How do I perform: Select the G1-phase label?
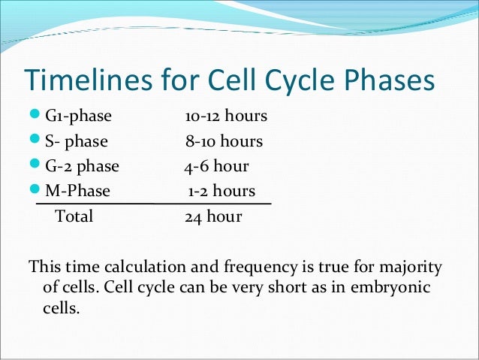coord(78,117)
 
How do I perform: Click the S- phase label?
coord(76,142)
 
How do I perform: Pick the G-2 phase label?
coord(82,167)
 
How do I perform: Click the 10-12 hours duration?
coord(226,117)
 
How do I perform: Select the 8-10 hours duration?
coord(224,142)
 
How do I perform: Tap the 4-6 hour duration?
coord(216,167)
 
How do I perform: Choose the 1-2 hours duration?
coord(221,192)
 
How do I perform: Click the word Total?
coord(74,217)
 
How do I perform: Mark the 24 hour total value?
coord(213,217)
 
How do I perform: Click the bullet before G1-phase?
coord(36,117)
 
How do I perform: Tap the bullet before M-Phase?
coord(36,192)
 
